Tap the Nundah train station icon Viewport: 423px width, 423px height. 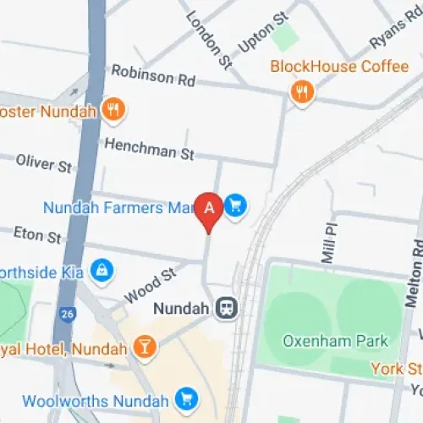[226, 309]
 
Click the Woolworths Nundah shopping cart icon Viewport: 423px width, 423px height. [185, 398]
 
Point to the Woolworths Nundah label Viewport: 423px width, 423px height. [96, 399]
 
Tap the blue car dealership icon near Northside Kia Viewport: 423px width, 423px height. [102, 270]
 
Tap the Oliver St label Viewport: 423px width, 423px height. [43, 162]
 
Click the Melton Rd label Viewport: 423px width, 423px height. [415, 271]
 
